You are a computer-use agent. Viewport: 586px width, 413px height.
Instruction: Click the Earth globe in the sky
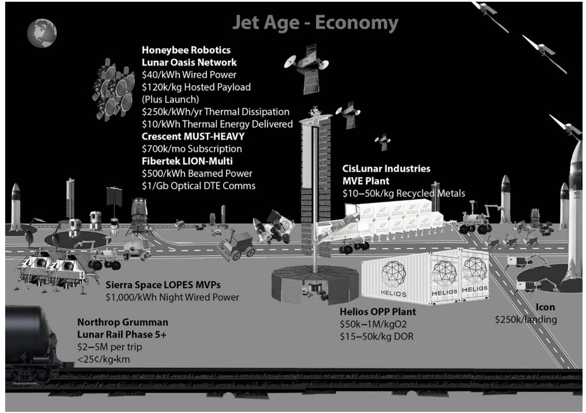42,33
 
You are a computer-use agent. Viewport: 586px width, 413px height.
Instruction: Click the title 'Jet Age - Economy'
315,22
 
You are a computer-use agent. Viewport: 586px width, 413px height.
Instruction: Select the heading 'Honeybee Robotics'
186,50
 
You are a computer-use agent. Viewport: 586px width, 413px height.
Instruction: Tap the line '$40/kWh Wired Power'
189,75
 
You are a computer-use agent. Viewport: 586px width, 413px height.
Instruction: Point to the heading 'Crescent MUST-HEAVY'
193,136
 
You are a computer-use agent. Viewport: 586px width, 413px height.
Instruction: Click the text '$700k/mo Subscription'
192,149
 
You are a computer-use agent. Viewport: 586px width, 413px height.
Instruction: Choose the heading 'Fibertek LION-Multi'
187,161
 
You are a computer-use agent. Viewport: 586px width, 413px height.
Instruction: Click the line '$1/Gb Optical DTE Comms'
198,186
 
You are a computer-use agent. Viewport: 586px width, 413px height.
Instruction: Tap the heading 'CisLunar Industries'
387,169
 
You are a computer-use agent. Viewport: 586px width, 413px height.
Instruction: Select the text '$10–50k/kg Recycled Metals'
404,193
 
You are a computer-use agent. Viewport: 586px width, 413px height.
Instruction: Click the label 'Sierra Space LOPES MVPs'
163,285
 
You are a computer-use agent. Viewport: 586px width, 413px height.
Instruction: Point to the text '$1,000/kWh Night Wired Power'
172,297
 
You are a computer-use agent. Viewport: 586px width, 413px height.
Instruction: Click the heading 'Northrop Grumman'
122,322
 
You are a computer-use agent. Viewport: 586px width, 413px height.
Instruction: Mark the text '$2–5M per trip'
110,347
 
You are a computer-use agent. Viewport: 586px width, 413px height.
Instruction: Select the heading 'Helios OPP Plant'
377,312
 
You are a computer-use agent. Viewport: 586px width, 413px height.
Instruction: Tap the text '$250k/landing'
526,320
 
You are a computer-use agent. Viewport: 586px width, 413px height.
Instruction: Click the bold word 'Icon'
545,307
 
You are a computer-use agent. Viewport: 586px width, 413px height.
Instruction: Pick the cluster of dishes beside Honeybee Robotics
113,90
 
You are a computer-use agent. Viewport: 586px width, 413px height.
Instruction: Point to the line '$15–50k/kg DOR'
377,337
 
